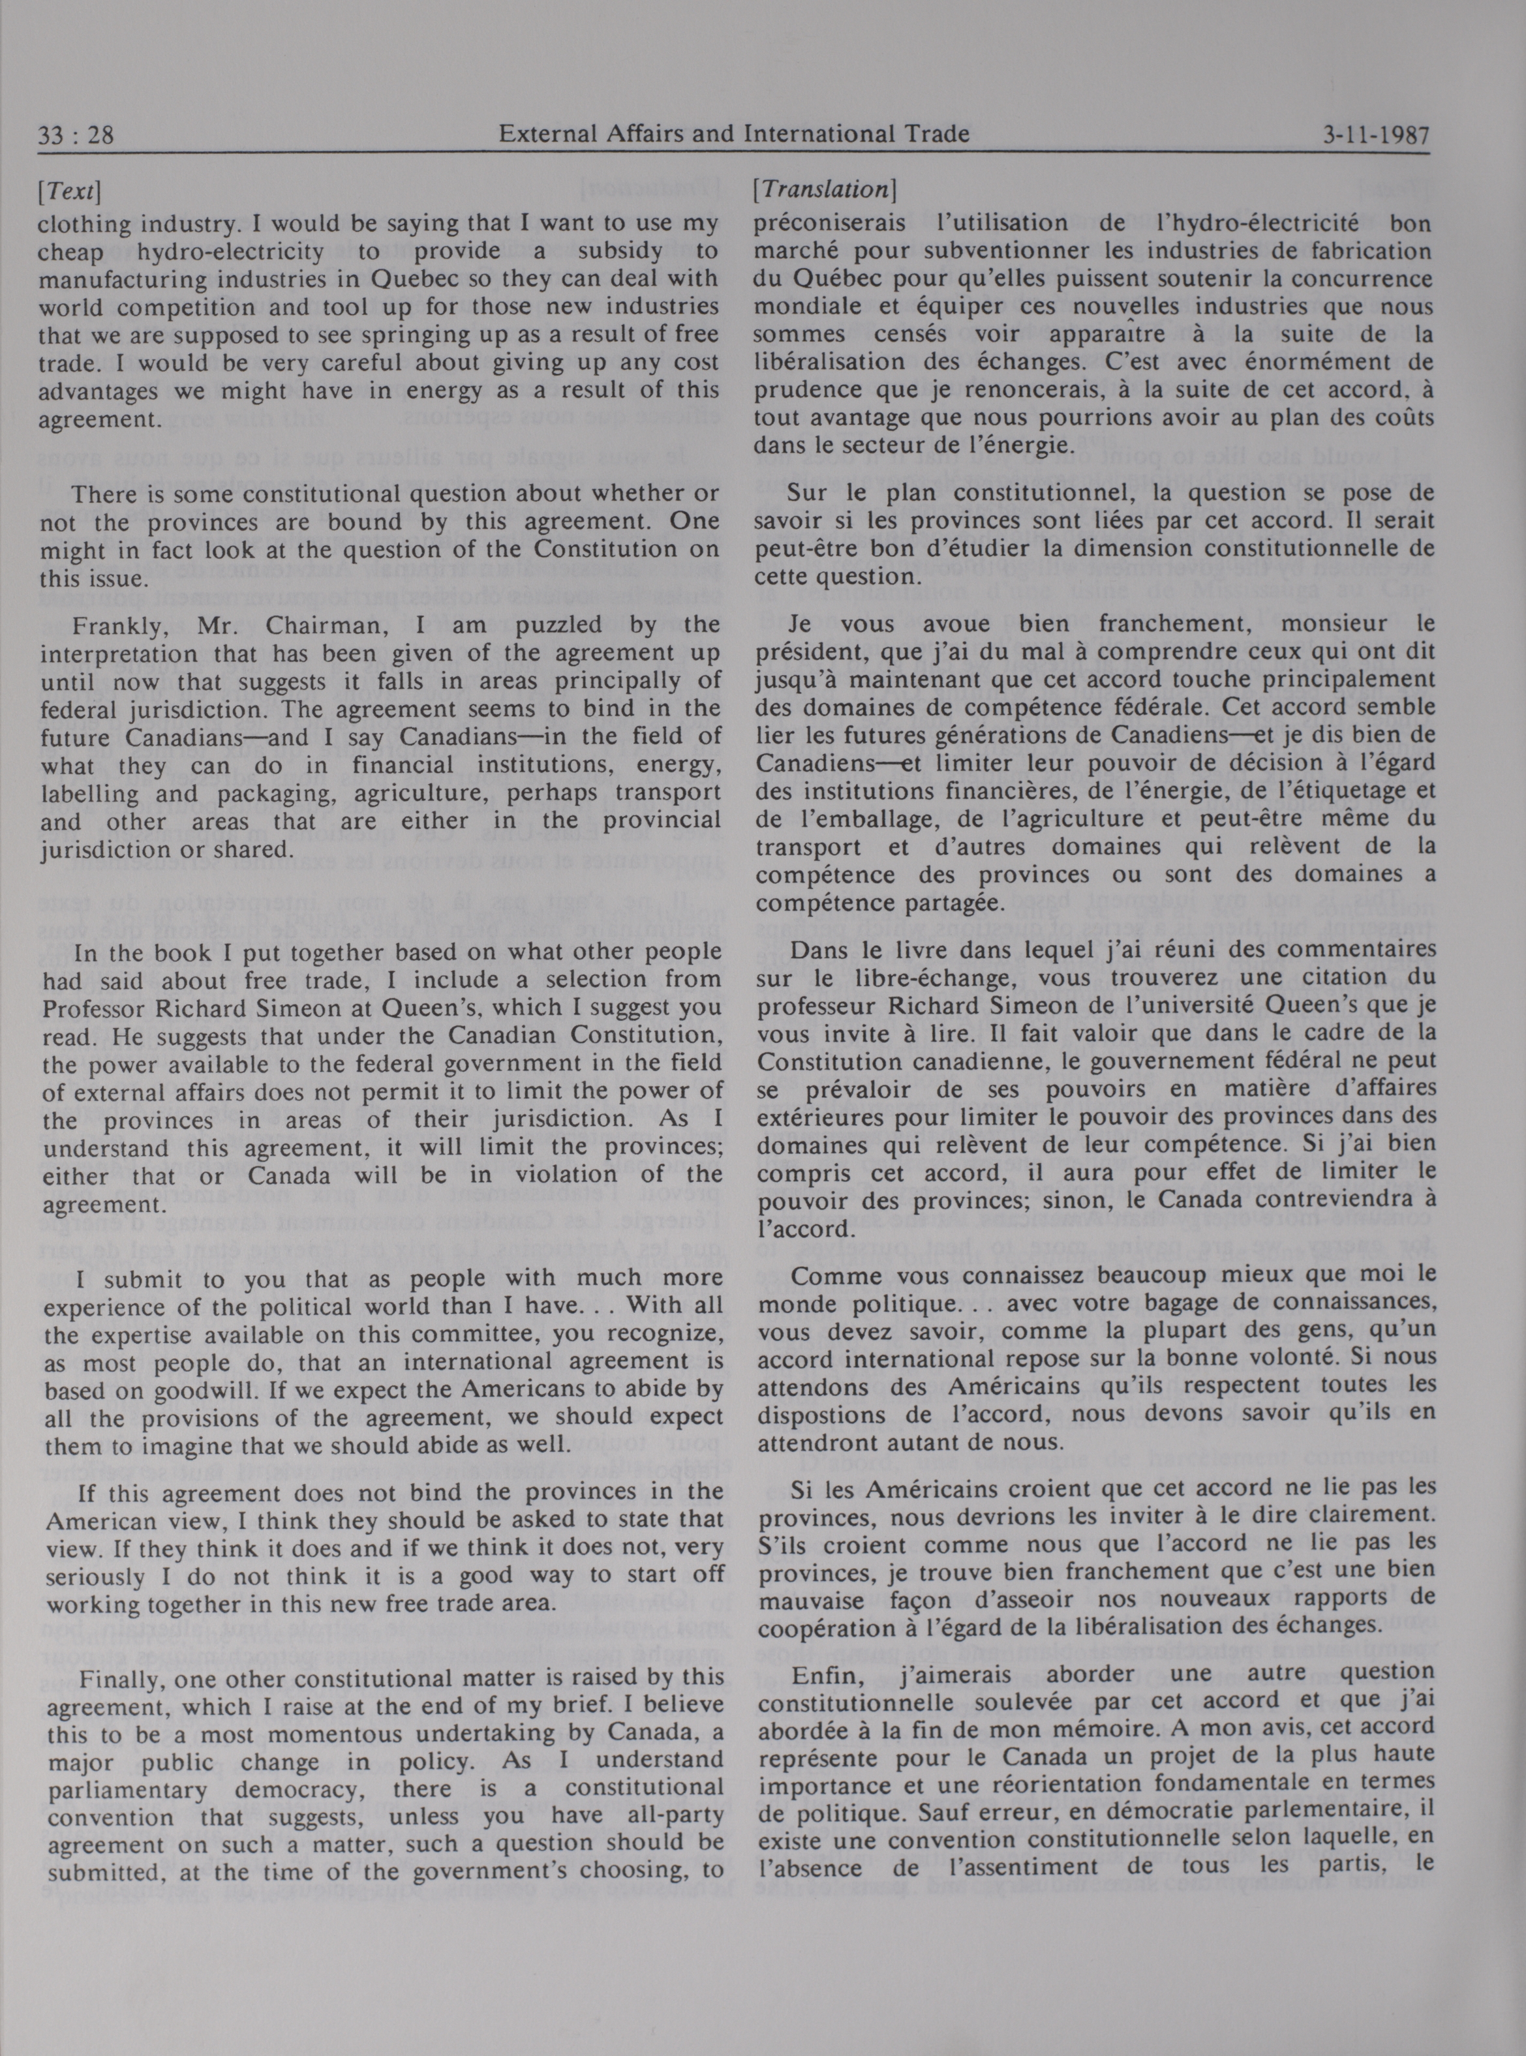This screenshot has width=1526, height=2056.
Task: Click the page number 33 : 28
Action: click(76, 136)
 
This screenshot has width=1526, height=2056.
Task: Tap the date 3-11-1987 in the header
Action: click(1375, 135)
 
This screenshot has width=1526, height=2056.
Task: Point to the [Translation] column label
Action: click(824, 189)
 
